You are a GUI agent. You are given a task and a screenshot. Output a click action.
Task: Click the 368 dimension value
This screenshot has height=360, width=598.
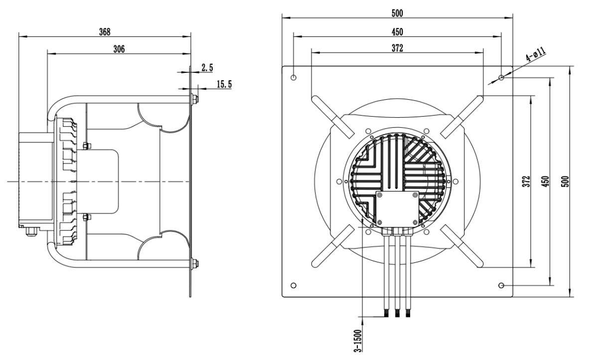pyautogui.click(x=105, y=31)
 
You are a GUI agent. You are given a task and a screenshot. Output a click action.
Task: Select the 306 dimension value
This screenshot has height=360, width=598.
pyautogui.click(x=119, y=48)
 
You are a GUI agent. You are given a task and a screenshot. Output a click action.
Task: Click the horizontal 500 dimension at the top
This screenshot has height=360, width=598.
pyautogui.click(x=397, y=13)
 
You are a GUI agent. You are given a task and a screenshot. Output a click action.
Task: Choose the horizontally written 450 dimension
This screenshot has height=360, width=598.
pyautogui.click(x=397, y=32)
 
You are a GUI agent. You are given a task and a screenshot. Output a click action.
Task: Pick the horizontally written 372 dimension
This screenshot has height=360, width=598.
pyautogui.click(x=397, y=48)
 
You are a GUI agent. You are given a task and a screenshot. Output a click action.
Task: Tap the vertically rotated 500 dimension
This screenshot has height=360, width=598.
pyautogui.click(x=565, y=182)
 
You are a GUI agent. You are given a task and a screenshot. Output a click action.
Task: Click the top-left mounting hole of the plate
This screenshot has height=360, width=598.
pyautogui.click(x=294, y=78)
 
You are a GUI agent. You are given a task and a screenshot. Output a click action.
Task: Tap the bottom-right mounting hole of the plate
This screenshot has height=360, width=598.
pyautogui.click(x=501, y=285)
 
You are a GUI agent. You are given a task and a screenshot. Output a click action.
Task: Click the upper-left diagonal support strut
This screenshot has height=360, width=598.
pyautogui.click(x=332, y=114)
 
